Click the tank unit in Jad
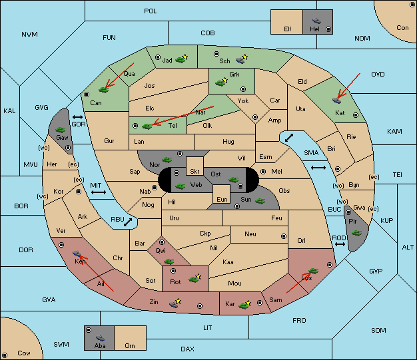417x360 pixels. [181, 59]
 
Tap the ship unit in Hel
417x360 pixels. [316, 21]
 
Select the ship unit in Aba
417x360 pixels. [101, 337]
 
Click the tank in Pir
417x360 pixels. [356, 233]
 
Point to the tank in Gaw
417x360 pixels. [61, 130]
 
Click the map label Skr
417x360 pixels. [195, 172]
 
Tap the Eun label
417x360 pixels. [222, 199]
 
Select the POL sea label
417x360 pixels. [151, 11]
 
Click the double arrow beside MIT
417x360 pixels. [99, 192]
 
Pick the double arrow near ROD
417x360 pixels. [340, 244]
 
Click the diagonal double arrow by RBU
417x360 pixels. [128, 222]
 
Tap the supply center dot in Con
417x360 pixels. [412, 5]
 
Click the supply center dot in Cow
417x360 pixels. [5, 355]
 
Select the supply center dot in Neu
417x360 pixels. [284, 236]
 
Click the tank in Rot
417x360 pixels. [194, 279]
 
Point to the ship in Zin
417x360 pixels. [174, 303]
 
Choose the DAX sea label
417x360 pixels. [187, 349]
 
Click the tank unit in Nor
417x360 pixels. [167, 160]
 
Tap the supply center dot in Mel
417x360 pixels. [263, 172]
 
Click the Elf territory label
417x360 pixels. [288, 29]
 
